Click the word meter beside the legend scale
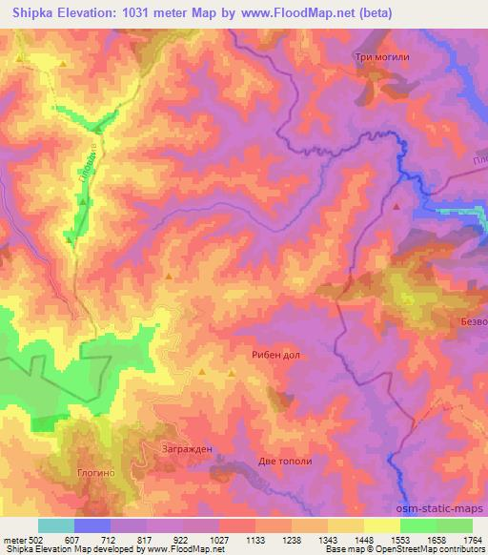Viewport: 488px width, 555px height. tap(14, 539)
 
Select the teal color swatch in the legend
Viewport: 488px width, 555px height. tap(56, 525)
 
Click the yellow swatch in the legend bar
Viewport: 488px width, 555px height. tap(382, 525)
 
